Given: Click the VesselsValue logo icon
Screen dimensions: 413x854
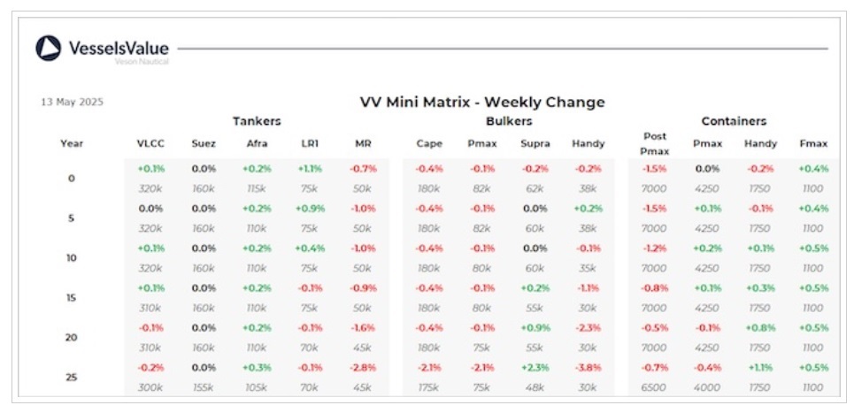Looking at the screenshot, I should (49, 49).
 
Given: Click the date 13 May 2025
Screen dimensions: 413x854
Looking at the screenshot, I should (72, 102).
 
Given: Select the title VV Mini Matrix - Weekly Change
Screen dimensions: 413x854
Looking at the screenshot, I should (482, 102).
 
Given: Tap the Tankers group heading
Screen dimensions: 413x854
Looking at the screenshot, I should (257, 121).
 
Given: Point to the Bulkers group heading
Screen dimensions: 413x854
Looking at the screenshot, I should (509, 121).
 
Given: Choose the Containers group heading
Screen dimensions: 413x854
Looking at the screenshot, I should (734, 121).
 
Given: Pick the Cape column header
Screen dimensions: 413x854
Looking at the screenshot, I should (429, 143).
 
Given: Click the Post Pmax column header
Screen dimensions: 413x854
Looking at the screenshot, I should (656, 143).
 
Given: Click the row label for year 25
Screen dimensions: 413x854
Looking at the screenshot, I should (72, 378).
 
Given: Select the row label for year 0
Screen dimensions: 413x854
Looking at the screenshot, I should (72, 178).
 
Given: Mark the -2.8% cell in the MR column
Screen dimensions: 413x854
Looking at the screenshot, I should (363, 367).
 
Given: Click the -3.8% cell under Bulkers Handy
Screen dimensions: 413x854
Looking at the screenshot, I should (588, 367).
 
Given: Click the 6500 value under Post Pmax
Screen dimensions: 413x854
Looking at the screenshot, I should (656, 387).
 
